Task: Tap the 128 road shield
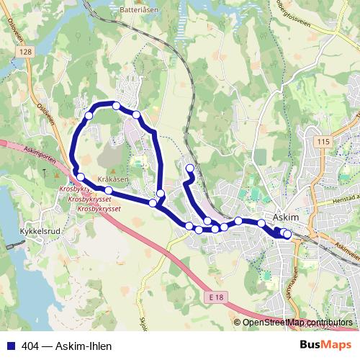(27, 53)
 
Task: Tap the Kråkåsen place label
(114, 179)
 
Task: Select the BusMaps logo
(326, 346)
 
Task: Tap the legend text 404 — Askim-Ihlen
(66, 346)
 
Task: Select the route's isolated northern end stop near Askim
(190, 169)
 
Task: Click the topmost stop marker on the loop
(116, 106)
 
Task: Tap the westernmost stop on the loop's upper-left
(89, 115)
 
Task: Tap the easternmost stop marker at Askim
(287, 234)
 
